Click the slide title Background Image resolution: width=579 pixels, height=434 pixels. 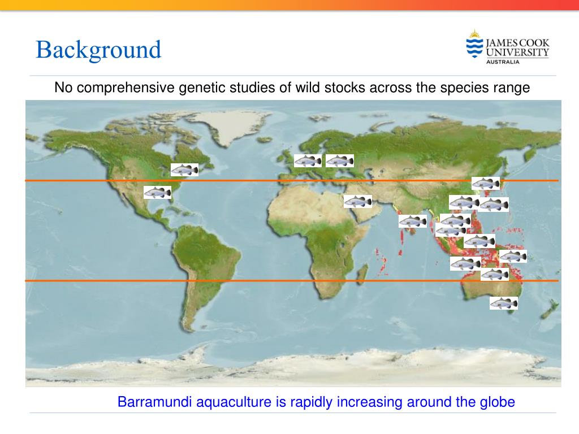tap(98, 50)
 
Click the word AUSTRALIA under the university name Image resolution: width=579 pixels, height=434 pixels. tap(503, 62)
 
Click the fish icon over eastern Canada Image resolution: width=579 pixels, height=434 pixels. tap(185, 170)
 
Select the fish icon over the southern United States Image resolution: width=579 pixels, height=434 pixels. tap(157, 193)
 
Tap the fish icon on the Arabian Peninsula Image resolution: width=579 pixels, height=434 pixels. tap(358, 201)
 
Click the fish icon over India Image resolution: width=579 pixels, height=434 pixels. tap(413, 221)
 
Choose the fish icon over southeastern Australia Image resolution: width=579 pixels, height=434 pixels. tap(503, 303)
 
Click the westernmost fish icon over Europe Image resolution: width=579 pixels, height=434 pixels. tap(308, 161)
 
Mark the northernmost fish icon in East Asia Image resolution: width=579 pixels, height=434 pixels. tap(486, 183)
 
